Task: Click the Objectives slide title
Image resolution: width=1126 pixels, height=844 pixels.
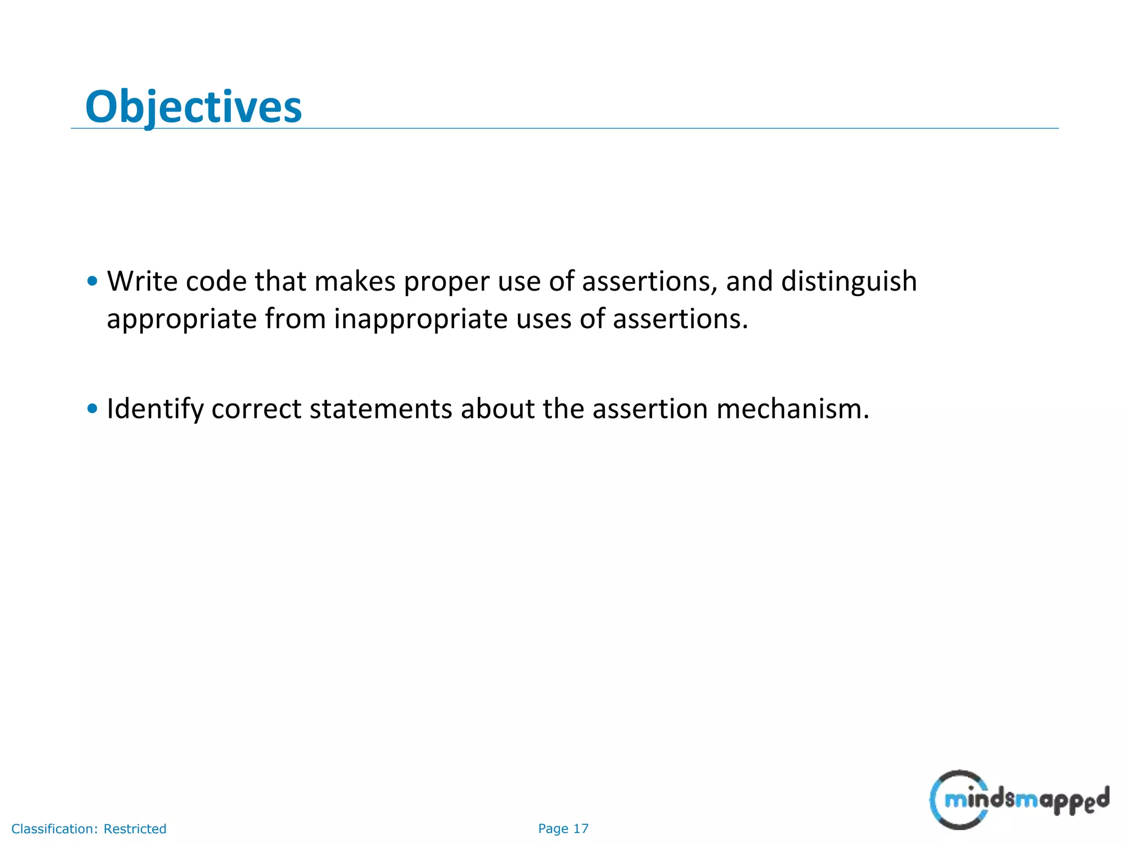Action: [x=194, y=106]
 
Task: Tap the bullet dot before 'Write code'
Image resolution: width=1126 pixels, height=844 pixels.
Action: [x=92, y=281]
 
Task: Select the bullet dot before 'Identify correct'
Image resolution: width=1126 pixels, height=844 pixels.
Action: [x=92, y=408]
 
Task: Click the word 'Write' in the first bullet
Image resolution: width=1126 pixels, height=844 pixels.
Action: [x=142, y=281]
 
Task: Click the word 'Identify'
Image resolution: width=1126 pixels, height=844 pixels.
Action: [x=154, y=409]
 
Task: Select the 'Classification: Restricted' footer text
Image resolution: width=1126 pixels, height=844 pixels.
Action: [x=89, y=829]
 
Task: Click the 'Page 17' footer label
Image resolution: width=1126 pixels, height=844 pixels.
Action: [x=563, y=829]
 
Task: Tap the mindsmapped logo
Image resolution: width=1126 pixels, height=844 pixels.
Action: [x=1019, y=799]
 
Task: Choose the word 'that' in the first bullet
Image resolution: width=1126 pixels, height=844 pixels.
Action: [x=280, y=281]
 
